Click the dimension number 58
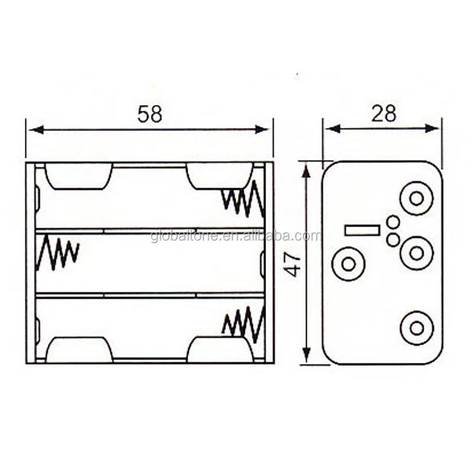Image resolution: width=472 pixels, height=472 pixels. coord(149,114)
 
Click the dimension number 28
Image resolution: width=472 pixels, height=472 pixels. coord(383,113)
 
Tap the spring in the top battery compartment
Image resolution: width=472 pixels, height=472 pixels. coord(242,199)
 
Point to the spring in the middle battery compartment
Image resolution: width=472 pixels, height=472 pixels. coord(57,253)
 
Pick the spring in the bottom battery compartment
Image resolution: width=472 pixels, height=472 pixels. coord(242,324)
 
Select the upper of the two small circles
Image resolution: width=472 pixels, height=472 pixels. coord(393,222)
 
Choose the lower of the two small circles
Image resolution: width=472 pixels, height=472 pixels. coord(393,240)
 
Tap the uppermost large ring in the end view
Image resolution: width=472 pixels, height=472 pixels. coord(417,198)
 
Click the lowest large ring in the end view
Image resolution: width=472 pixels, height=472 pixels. coord(417,328)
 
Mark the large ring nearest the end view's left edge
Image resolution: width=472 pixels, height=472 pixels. coord(349,264)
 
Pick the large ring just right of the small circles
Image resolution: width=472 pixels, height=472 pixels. coord(417,253)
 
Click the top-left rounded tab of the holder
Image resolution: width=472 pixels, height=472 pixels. coord(78,176)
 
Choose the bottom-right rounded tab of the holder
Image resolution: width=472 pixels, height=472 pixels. coord(220,349)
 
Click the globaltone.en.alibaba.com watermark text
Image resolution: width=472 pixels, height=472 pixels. coord(236,237)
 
